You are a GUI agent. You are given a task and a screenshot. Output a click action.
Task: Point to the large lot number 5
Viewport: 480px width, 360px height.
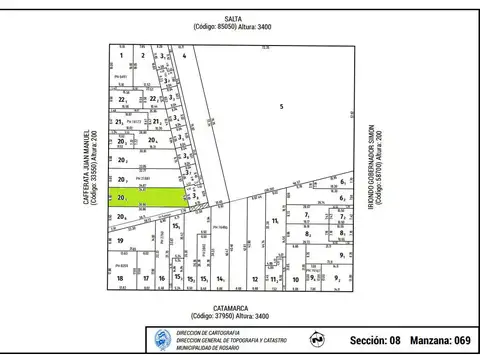[x=282, y=106]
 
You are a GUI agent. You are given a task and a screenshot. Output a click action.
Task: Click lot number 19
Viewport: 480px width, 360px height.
[x=119, y=241]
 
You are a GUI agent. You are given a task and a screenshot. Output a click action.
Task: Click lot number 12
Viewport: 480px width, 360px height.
[x=256, y=279]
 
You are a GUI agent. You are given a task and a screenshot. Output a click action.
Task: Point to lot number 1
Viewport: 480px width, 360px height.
[x=120, y=56]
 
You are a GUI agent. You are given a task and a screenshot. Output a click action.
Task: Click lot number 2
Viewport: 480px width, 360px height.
[x=143, y=56]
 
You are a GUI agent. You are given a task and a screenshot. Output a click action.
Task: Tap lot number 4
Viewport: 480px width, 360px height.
[x=185, y=57]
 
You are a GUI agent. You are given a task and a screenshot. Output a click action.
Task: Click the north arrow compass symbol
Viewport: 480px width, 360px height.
[x=317, y=340]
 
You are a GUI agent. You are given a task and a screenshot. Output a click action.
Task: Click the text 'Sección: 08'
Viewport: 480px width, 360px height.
[x=376, y=341]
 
